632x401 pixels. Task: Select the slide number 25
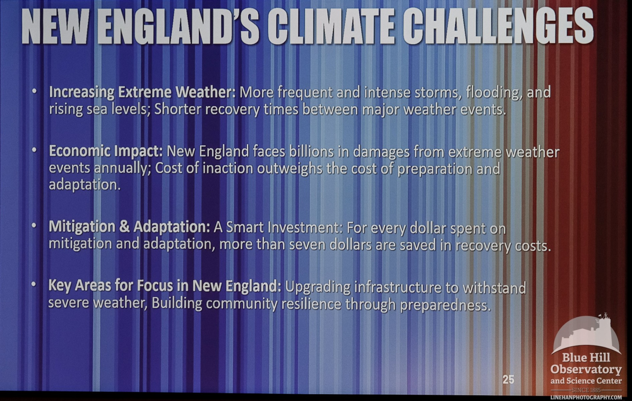(508, 380)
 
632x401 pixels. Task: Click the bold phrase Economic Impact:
(106, 151)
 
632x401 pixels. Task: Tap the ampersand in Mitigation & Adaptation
(124, 227)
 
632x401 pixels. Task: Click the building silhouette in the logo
(586, 334)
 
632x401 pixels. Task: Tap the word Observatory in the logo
(586, 370)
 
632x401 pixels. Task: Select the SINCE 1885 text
(586, 390)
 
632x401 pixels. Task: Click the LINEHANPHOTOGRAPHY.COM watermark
(586, 397)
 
